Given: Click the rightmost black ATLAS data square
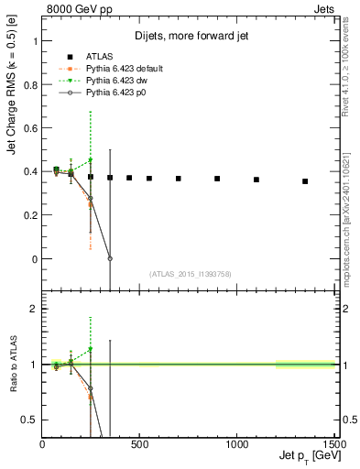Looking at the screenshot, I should (305, 181).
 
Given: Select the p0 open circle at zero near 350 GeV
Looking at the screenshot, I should (110, 258).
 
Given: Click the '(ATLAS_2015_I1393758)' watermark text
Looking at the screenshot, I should (189, 273).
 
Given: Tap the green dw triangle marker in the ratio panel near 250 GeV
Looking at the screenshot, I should (91, 349).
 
